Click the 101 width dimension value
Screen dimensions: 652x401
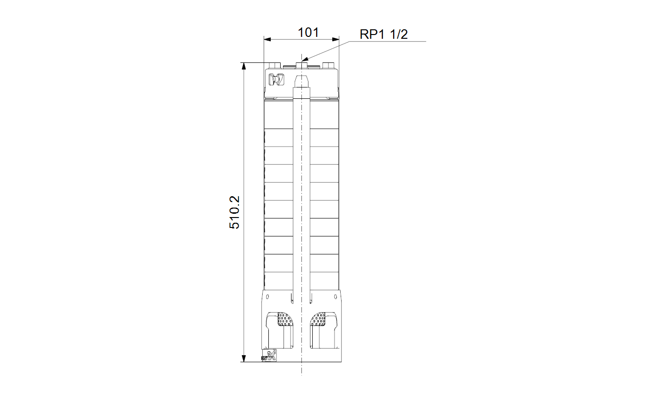click(308, 33)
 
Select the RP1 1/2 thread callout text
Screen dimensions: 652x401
click(384, 35)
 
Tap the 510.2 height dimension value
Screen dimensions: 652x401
click(234, 212)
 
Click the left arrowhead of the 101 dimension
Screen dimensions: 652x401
click(267, 39)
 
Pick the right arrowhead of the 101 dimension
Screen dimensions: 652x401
click(335, 39)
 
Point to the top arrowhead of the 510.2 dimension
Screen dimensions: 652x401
click(244, 66)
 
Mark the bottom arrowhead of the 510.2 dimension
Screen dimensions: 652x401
click(244, 358)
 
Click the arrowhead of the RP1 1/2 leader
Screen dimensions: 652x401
click(305, 60)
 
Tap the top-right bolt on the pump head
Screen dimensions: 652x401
click(328, 65)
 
